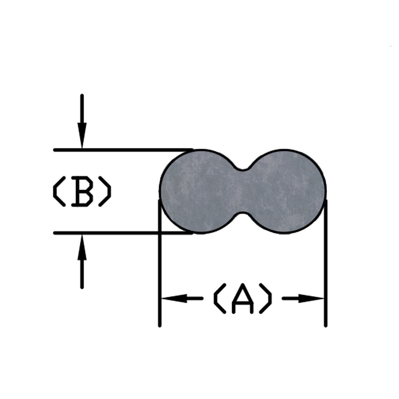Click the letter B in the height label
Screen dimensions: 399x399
(82, 191)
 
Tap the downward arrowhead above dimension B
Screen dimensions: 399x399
(82, 135)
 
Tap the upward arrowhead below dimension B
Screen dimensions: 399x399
(82, 247)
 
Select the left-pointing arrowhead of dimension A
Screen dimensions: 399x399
(175, 298)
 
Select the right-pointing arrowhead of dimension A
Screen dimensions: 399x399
(311, 298)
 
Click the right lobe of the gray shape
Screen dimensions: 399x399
(284, 191)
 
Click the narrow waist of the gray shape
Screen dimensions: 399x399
(243, 191)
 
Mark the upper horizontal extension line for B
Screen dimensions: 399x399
(123, 150)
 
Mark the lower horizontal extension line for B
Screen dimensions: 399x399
(123, 233)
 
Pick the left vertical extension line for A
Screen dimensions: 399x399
(160, 263)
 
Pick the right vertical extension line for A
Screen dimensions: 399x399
(326, 263)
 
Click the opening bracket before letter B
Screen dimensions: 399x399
(58, 191)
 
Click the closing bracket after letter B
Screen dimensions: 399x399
(105, 191)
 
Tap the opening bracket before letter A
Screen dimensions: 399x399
(219, 298)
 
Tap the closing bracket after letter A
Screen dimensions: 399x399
(266, 298)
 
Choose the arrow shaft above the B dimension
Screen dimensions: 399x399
(82, 109)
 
